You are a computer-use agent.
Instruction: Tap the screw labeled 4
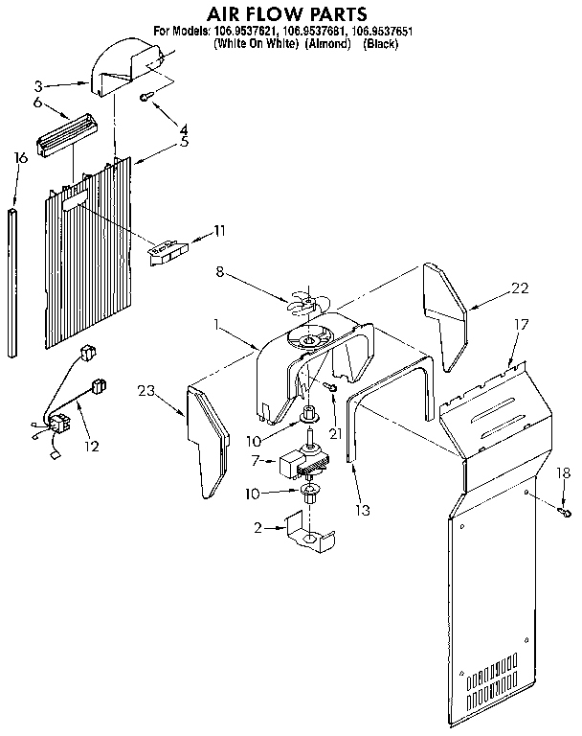[x=148, y=97]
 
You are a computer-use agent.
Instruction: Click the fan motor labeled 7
[x=300, y=467]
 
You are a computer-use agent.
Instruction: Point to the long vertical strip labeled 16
[x=12, y=279]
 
